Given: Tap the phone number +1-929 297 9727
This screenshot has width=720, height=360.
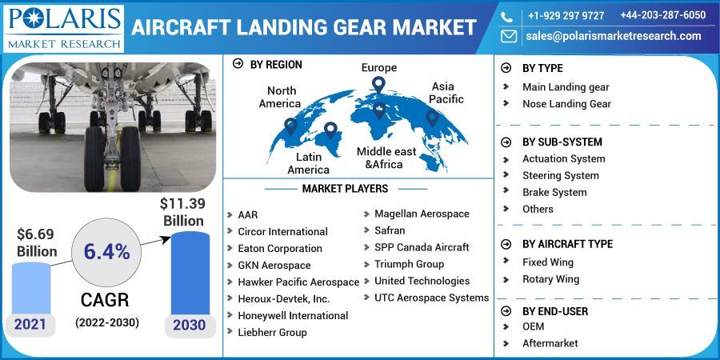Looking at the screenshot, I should tap(566, 15).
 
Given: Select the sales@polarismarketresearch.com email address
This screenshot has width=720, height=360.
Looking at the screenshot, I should tap(613, 36).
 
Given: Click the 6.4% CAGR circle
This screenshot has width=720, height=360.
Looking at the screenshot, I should tap(106, 251).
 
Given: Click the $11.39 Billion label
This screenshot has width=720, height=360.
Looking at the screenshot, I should tap(184, 210).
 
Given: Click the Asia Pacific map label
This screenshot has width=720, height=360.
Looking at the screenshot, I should tap(446, 92).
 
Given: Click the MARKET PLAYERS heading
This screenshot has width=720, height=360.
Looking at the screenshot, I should tap(345, 189).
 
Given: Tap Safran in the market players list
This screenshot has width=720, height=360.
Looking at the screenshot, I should tap(390, 230).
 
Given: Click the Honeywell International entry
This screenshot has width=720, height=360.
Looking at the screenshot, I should tap(293, 315).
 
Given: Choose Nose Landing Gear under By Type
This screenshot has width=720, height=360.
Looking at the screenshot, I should tap(566, 104).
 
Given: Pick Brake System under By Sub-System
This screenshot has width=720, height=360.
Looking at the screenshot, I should tap(554, 192).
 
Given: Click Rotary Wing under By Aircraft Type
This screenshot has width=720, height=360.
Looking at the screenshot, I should tap(550, 279).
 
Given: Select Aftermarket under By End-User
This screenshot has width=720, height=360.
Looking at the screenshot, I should tap(550, 343).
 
